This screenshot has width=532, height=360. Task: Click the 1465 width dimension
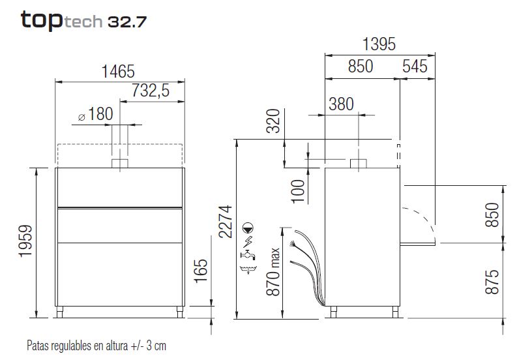[x=118, y=71]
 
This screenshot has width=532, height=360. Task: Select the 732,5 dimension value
[x=151, y=91]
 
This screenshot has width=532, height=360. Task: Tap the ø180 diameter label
[x=95, y=114]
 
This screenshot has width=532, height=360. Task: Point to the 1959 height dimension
[x=25, y=241]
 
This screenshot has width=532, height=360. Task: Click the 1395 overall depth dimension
[x=379, y=44]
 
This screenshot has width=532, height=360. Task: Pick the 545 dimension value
[x=415, y=66]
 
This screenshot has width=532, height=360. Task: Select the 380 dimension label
[x=341, y=104]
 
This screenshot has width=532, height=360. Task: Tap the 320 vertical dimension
[x=273, y=121]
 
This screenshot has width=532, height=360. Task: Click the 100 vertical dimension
[x=298, y=191]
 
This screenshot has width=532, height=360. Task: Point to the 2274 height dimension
[x=226, y=222]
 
